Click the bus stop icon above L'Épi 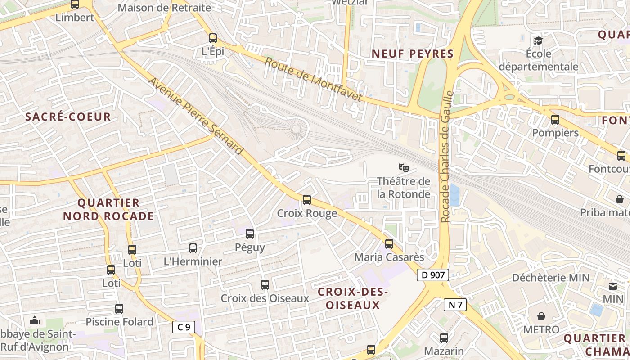tap(213, 38)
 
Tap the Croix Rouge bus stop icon tap(307, 199)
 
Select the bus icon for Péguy tap(250, 234)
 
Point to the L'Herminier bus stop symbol tap(193, 248)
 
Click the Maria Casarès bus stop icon tap(389, 244)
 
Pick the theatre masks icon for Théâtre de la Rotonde tap(404, 168)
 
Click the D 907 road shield tap(433, 275)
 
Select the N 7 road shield tap(455, 305)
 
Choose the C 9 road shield tap(184, 327)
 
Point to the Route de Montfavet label tap(313, 79)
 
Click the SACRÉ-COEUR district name tap(68, 117)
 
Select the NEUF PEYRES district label tap(412, 54)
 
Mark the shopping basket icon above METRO tap(541, 316)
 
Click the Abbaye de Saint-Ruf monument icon tap(35, 320)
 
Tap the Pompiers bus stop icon tap(555, 120)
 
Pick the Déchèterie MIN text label tap(551, 277)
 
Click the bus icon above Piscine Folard tap(119, 309)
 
